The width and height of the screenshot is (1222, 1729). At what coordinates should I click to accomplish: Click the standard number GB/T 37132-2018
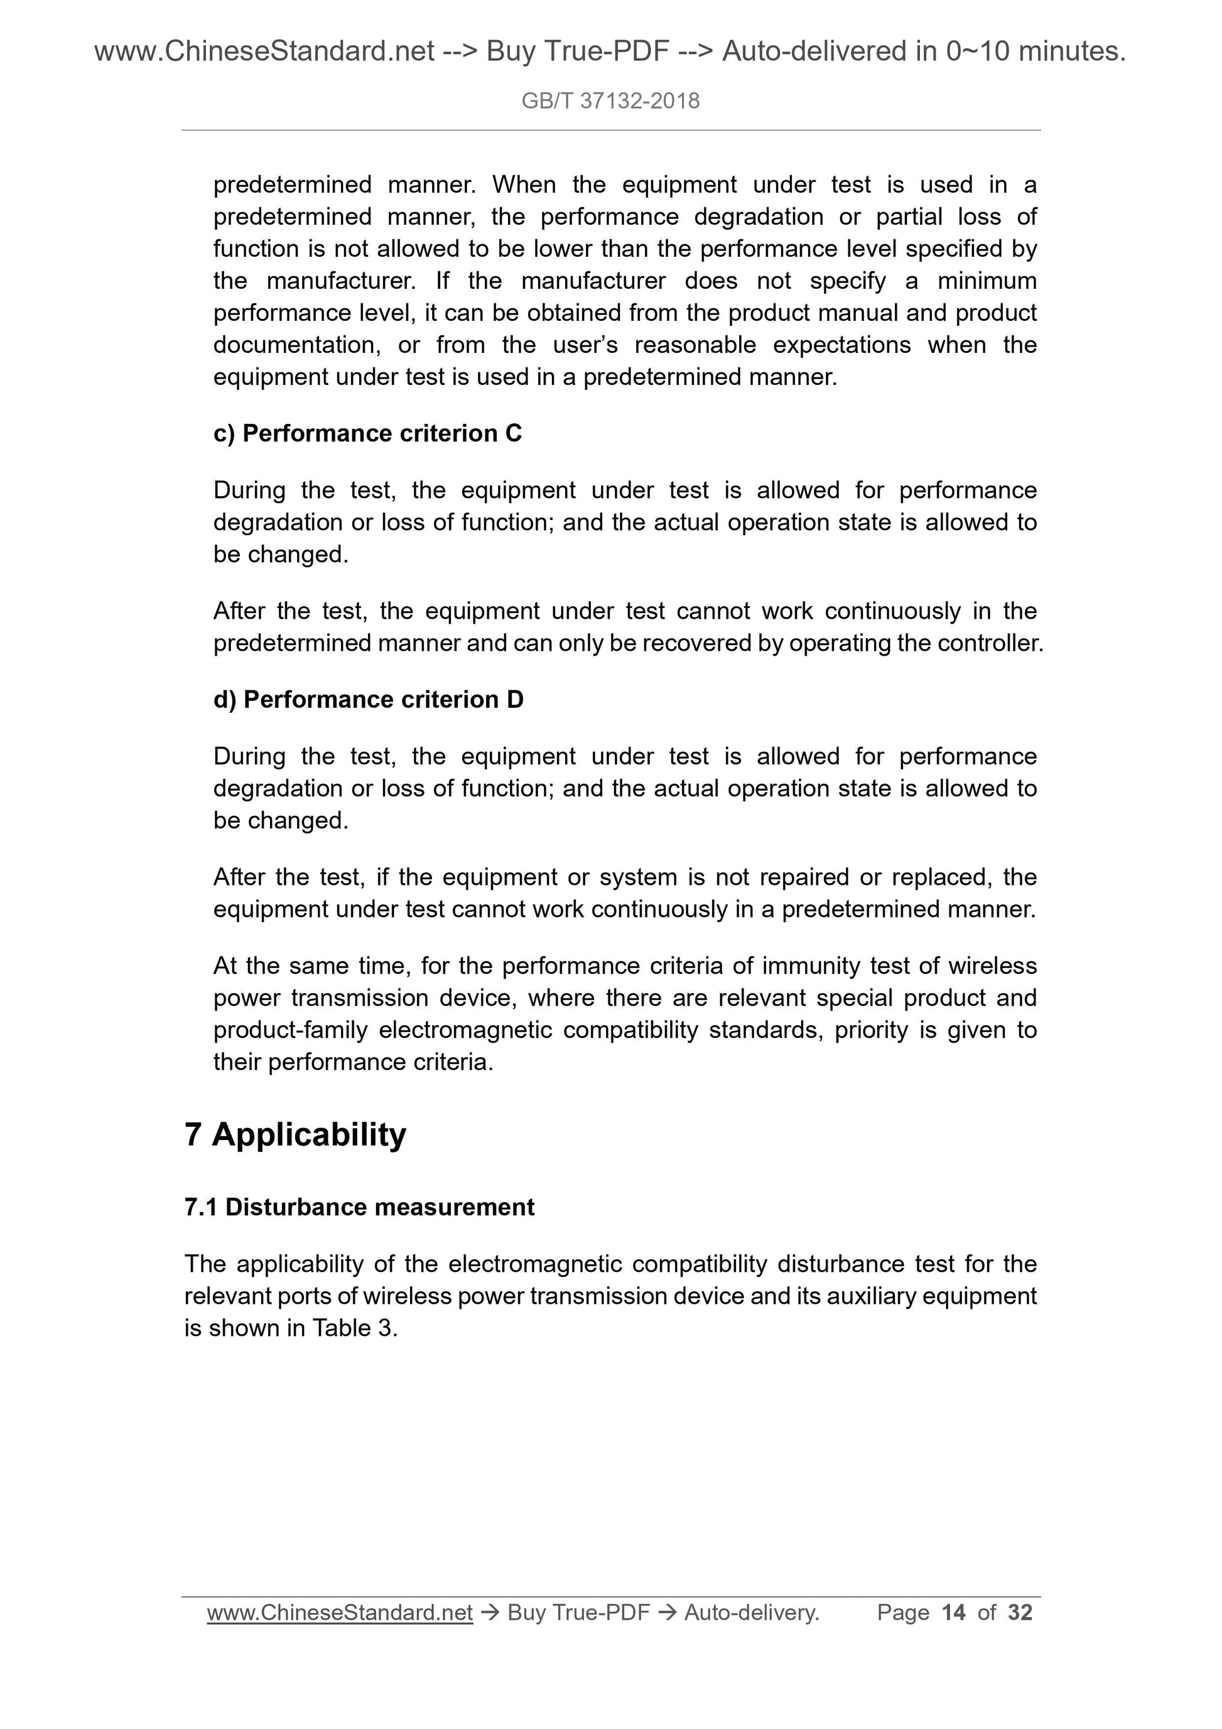(x=610, y=101)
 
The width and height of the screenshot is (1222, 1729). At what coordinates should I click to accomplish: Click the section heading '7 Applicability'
(x=295, y=1134)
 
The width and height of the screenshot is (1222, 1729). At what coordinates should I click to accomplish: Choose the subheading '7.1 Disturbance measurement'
(x=359, y=1207)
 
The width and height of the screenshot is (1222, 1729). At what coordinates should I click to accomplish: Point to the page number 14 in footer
(x=953, y=1612)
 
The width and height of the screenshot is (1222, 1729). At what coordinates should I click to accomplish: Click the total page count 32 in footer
(x=1020, y=1612)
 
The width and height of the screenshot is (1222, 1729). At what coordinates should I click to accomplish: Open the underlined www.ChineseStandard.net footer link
(x=340, y=1612)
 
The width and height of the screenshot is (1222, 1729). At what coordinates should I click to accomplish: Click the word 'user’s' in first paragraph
(x=585, y=345)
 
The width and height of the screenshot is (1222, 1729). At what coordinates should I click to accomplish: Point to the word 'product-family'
(x=290, y=1029)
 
